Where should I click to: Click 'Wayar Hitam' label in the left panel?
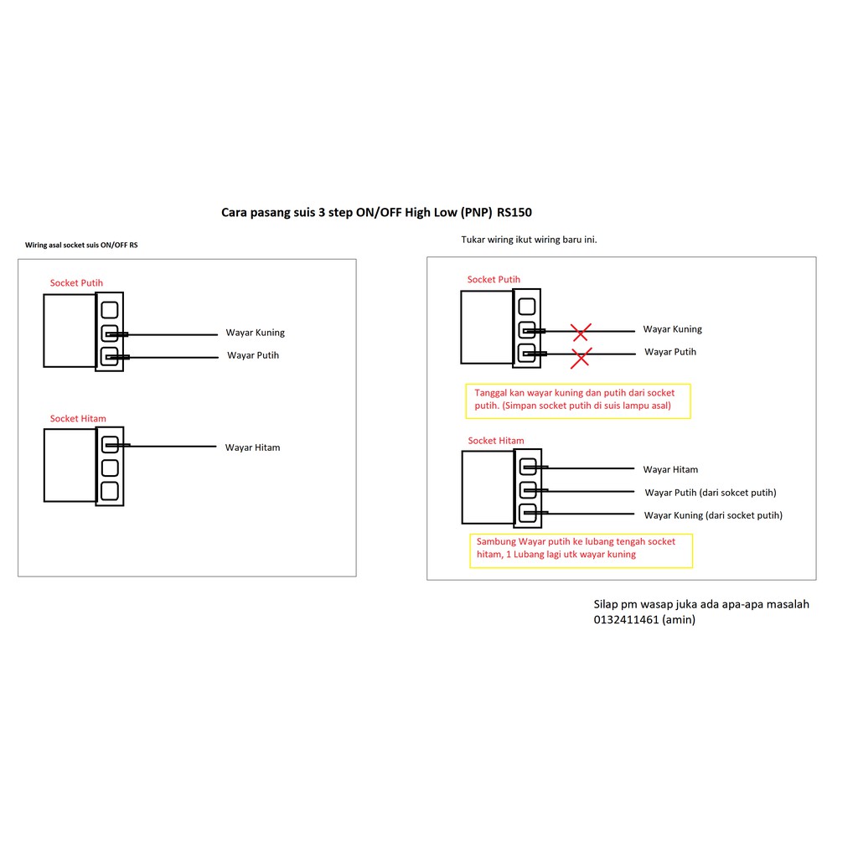point(252,447)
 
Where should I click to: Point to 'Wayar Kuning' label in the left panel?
point(255,333)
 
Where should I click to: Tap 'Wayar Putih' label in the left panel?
point(253,355)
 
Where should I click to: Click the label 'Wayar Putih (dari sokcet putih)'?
point(710,493)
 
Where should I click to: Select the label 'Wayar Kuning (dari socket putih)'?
point(713,515)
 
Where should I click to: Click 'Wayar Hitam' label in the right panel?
point(670,470)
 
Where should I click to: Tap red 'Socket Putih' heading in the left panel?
point(76,283)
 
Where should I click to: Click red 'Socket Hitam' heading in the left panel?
point(78,418)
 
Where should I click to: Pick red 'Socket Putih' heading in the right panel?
point(494,280)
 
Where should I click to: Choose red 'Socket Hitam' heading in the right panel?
point(496,441)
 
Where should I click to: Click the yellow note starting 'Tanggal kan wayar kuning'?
point(577,400)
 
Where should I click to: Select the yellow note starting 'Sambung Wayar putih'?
point(580,549)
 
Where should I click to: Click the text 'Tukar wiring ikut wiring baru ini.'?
point(529,240)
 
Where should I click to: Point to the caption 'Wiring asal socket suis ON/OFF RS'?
point(81,246)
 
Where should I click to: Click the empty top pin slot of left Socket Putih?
point(110,309)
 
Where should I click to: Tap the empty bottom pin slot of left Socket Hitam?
point(110,490)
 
